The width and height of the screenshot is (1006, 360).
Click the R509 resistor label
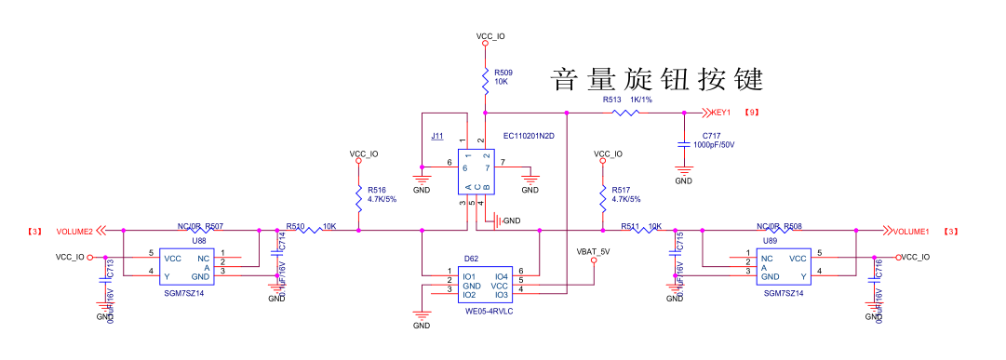click(x=503, y=72)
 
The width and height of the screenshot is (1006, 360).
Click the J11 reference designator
click(x=436, y=137)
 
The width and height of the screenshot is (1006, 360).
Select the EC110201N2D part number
click(x=529, y=136)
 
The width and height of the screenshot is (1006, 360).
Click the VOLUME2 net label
click(x=74, y=231)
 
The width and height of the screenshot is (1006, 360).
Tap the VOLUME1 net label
click(x=913, y=231)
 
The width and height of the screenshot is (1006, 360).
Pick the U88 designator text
click(x=199, y=240)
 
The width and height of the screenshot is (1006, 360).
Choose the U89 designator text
click(x=770, y=240)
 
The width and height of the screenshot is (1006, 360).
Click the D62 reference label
click(x=471, y=259)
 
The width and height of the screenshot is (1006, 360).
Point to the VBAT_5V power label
click(x=593, y=251)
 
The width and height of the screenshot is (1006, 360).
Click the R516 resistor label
click(x=376, y=189)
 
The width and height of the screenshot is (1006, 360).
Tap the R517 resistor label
click(x=621, y=189)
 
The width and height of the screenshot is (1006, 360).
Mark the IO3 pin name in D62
click(x=501, y=295)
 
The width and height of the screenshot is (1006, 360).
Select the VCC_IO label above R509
click(x=490, y=37)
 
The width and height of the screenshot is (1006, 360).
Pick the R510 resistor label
click(x=295, y=226)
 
